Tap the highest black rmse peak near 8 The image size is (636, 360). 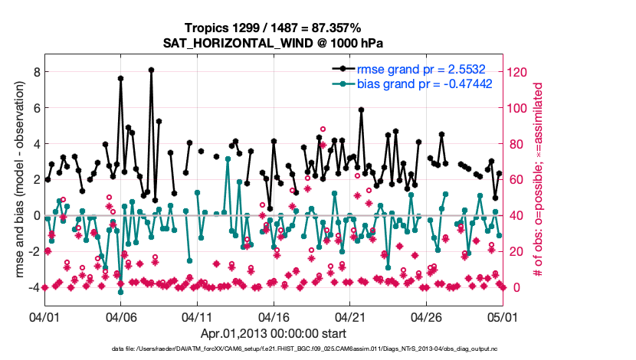tap(152, 70)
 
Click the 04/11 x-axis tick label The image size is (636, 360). tap(196, 316)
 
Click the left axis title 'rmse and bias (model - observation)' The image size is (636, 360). tap(15, 180)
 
